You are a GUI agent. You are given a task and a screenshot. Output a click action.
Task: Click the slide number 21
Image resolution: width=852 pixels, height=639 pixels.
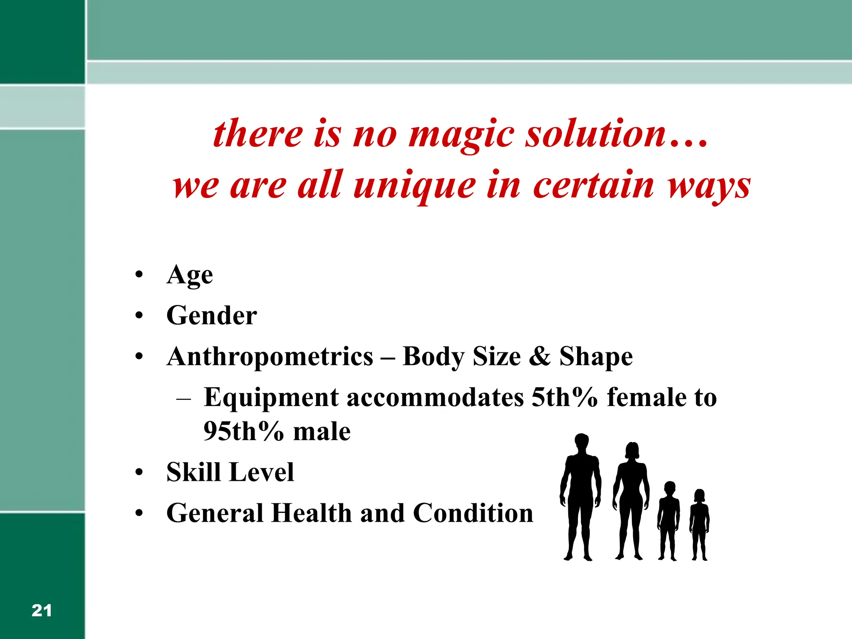(x=42, y=610)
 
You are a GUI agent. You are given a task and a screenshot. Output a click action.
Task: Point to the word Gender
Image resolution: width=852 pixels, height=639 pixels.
(x=212, y=315)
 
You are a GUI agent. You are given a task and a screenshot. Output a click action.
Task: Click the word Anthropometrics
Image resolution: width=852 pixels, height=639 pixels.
(x=270, y=357)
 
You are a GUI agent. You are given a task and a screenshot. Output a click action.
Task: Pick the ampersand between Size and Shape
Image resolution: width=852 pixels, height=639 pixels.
(x=540, y=357)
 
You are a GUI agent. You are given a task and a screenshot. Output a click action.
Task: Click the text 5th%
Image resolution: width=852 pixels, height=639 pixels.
(x=565, y=397)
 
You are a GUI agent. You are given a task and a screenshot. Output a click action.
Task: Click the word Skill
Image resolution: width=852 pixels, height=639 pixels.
(x=193, y=472)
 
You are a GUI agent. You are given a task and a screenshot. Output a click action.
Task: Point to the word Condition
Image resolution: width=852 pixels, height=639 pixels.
(x=473, y=513)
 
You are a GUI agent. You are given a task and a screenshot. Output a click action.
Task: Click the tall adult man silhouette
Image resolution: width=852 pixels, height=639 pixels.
(x=581, y=499)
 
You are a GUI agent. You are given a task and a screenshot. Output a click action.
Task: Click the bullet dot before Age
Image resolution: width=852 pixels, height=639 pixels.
(x=139, y=275)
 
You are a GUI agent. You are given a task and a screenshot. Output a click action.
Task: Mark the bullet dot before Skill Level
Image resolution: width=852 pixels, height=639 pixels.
(x=139, y=473)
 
